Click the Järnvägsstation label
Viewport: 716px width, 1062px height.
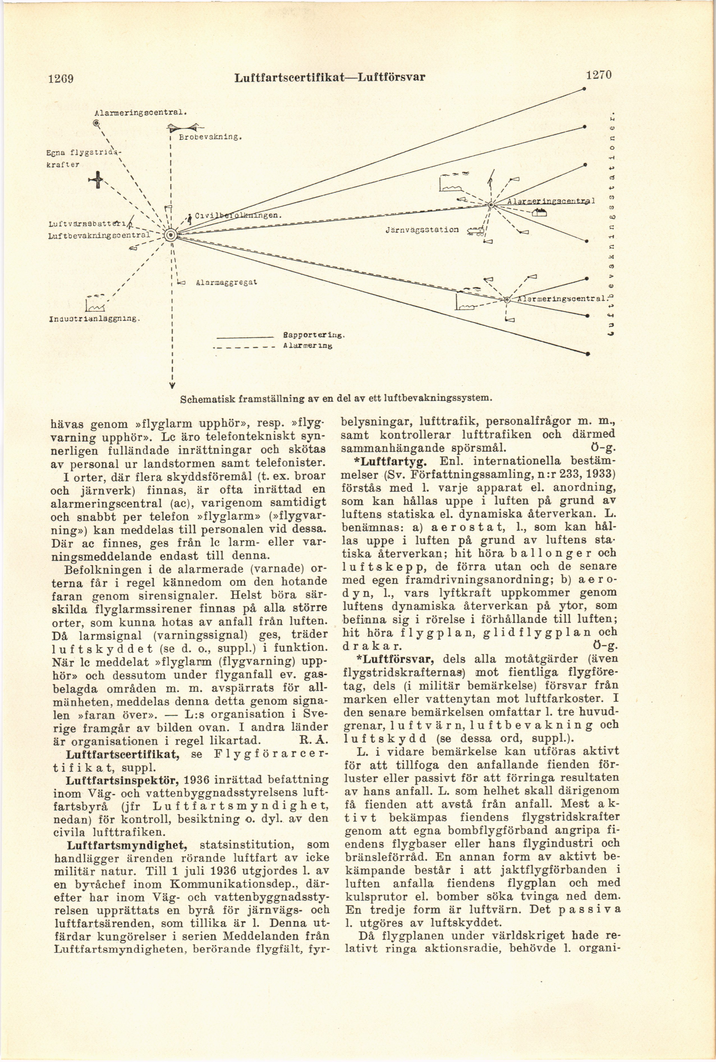coord(421,230)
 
